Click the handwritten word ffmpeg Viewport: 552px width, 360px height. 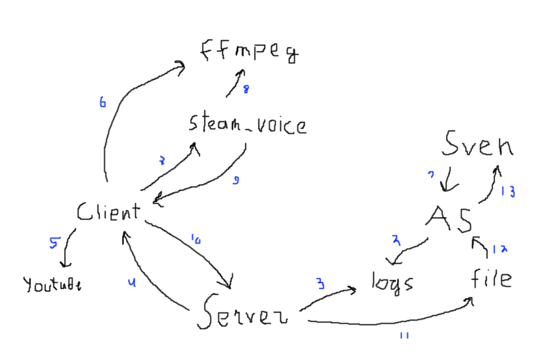tap(249, 51)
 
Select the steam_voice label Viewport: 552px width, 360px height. tap(247, 124)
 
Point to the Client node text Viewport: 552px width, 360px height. tap(108, 212)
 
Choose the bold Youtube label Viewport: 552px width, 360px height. tap(53, 285)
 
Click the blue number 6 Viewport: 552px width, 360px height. tap(102, 103)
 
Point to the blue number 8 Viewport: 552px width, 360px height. tap(246, 90)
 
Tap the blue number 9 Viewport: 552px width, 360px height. tap(235, 179)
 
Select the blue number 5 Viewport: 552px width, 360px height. tap(53, 242)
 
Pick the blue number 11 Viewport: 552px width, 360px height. tap(404, 336)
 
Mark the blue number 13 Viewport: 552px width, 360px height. tap(508, 192)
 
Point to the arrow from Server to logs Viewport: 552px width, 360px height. tap(330, 295)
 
